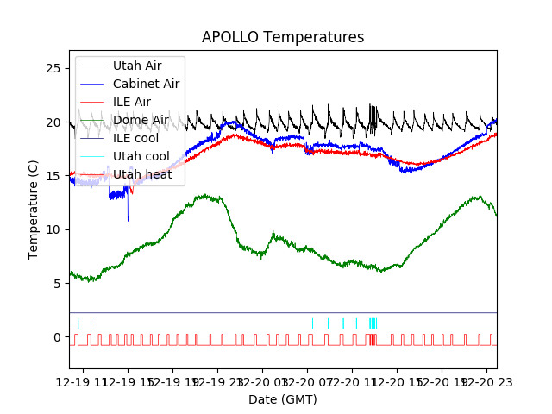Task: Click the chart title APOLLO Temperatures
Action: tap(283, 38)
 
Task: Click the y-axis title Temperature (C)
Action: tap(34, 210)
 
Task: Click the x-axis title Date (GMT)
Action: tap(283, 399)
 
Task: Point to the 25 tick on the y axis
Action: tap(58, 68)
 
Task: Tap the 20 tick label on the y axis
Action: tap(58, 122)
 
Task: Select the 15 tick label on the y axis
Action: tap(58, 176)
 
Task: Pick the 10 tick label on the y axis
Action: tap(58, 229)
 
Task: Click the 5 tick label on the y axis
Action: tap(61, 283)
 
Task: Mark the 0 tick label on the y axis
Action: tap(61, 337)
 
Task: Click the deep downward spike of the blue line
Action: tap(129, 218)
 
